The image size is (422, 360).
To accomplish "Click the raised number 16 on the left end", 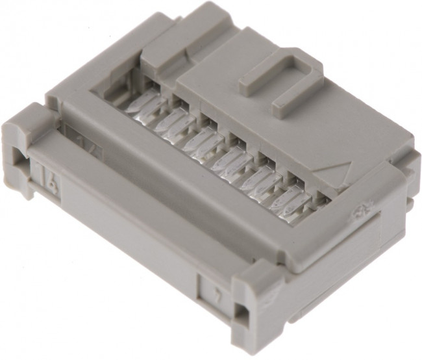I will click(x=50, y=174).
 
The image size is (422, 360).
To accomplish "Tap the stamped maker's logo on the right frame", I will click(x=356, y=211).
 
